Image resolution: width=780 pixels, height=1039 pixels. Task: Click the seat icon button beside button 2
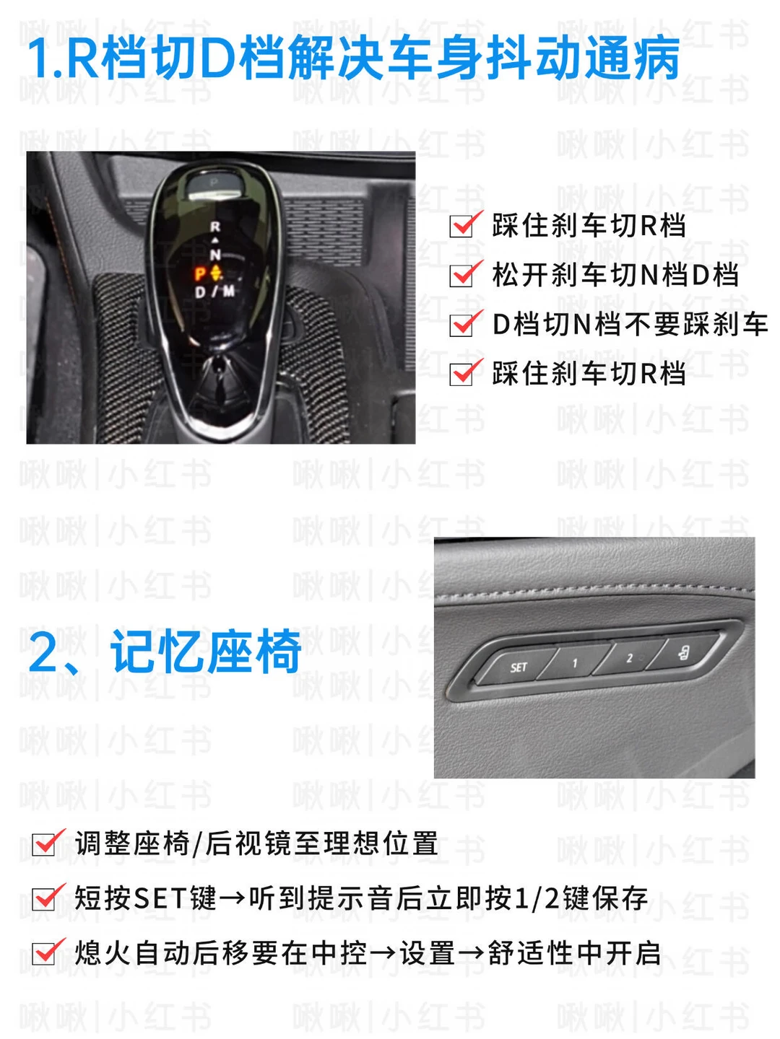(x=683, y=653)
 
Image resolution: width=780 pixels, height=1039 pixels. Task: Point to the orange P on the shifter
(x=200, y=273)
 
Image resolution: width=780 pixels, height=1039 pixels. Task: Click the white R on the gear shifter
(x=215, y=227)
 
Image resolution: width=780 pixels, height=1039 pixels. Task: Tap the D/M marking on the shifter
(x=214, y=291)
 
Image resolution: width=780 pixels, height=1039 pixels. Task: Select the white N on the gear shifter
(x=215, y=255)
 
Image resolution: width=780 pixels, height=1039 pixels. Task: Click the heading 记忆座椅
(x=206, y=651)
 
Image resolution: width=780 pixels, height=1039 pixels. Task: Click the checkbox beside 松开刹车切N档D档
(x=461, y=276)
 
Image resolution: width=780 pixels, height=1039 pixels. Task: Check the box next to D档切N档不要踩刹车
(x=461, y=325)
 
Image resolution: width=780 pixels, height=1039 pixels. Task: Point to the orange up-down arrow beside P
(x=216, y=273)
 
